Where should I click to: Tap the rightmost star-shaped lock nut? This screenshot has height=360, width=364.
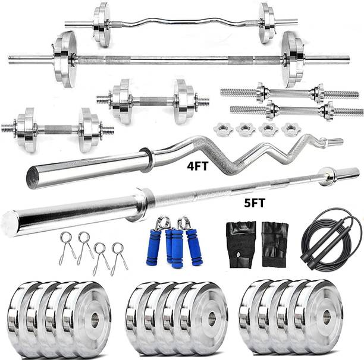coord(291,129)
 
